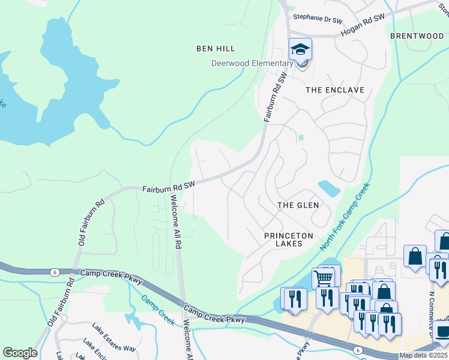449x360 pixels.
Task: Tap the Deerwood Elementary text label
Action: coord(252,63)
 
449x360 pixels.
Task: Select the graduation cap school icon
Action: coord(301,49)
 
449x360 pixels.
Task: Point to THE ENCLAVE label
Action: coord(334,90)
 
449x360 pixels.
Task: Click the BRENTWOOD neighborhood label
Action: coord(417,36)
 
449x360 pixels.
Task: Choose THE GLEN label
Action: coord(298,205)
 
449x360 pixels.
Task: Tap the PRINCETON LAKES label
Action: coord(289,240)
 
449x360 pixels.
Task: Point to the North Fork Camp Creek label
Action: coord(345,218)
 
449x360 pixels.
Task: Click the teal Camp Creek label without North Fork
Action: coord(158,310)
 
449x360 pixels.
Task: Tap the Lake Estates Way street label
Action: coord(113,340)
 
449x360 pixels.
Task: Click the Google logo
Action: coord(20,353)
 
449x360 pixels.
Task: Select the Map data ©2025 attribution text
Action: coord(423,355)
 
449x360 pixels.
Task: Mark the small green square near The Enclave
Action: coord(301,137)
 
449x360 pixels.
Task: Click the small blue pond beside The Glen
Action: coord(329,188)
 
